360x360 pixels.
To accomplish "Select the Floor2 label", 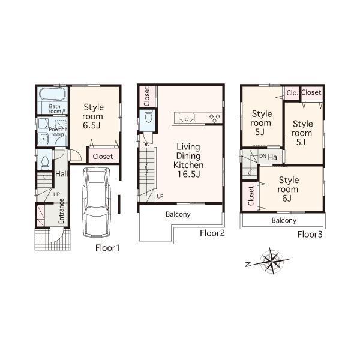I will [212, 233].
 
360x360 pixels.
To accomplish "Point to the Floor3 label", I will [310, 234].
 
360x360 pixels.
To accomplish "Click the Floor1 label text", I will [108, 247].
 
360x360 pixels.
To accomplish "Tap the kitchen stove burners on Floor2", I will [214, 116].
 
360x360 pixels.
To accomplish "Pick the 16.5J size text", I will [188, 175].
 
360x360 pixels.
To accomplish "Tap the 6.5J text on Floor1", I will [93, 127].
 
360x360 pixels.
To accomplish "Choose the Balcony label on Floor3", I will [284, 220].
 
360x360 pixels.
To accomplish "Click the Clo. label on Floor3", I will [292, 93].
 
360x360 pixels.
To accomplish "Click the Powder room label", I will [58, 131].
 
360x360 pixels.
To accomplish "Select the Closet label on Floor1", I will [103, 157].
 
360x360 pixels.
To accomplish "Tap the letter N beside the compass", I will [247, 263].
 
